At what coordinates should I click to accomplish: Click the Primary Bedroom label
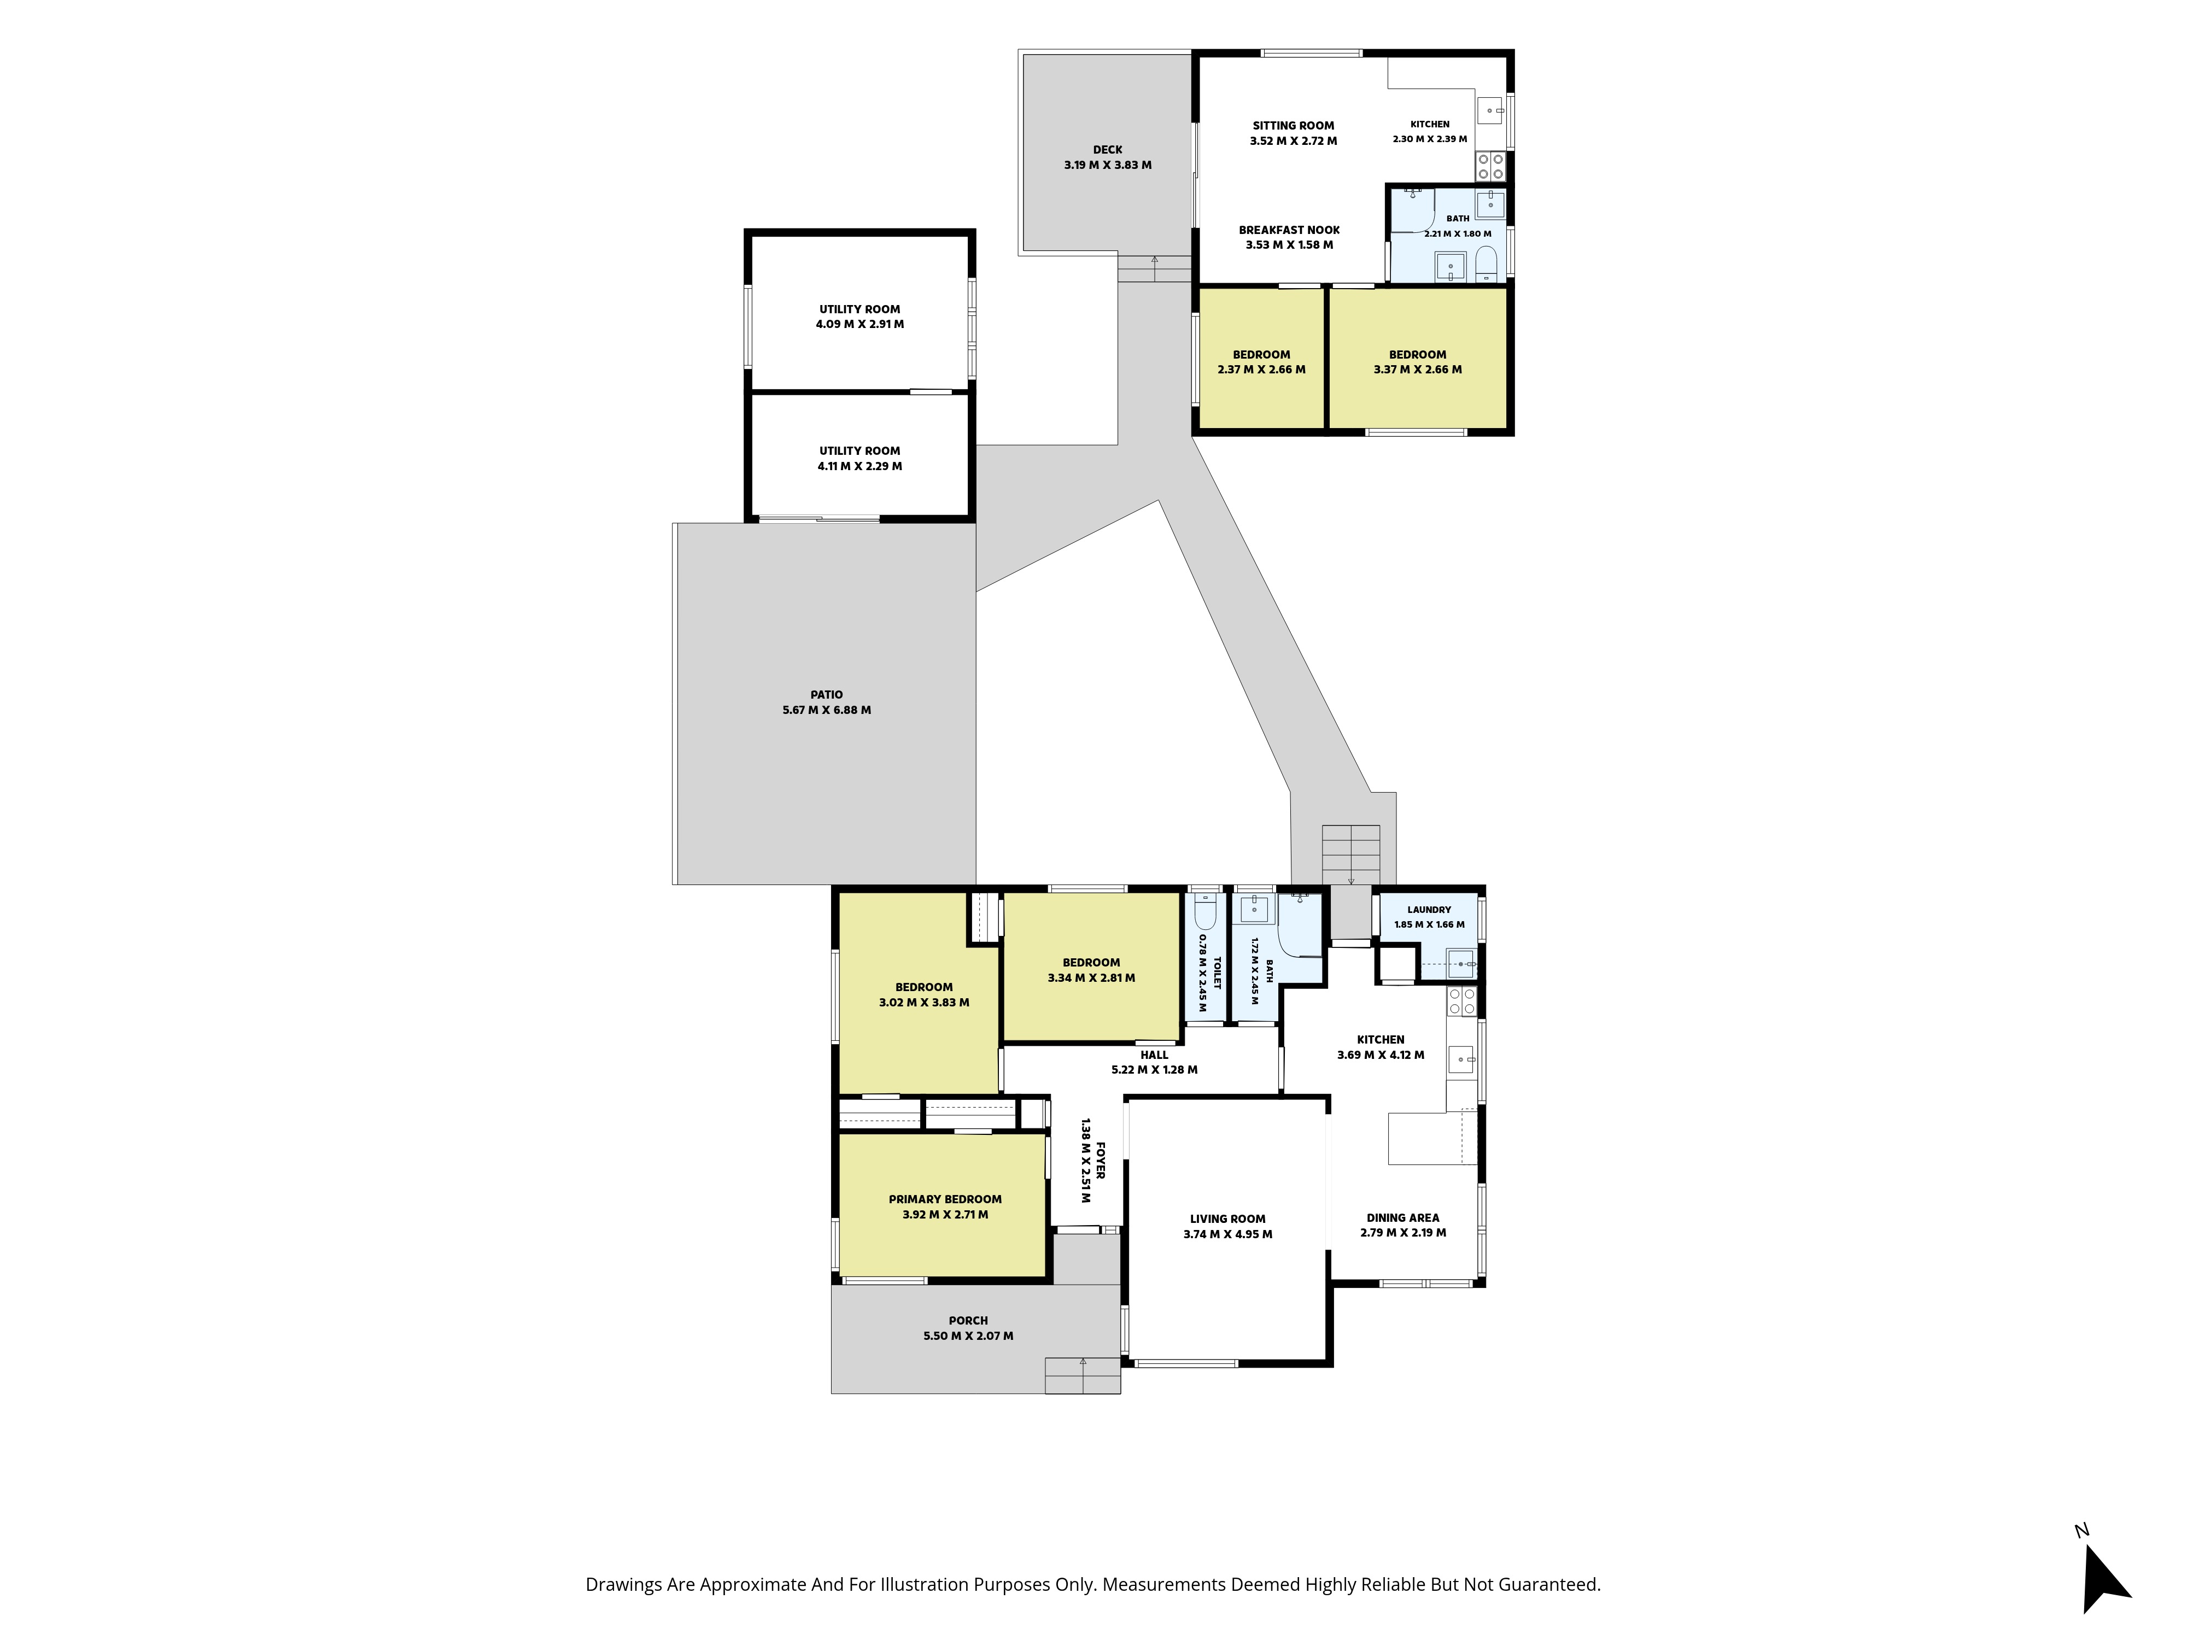pyautogui.click(x=945, y=1199)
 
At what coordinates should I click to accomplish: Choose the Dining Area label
pyautogui.click(x=1403, y=1218)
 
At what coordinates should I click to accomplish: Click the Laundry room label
pyautogui.click(x=1430, y=910)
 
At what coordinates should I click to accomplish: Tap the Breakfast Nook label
pyautogui.click(x=1289, y=230)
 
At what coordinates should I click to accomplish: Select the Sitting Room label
pyautogui.click(x=1293, y=126)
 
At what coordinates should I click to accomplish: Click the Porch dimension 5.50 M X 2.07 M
pyautogui.click(x=968, y=1336)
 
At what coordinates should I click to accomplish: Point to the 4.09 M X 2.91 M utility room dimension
pyautogui.click(x=859, y=324)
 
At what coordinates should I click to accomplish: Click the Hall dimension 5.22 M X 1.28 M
pyautogui.click(x=1154, y=1070)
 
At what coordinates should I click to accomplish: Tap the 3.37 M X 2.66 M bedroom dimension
pyautogui.click(x=1417, y=370)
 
